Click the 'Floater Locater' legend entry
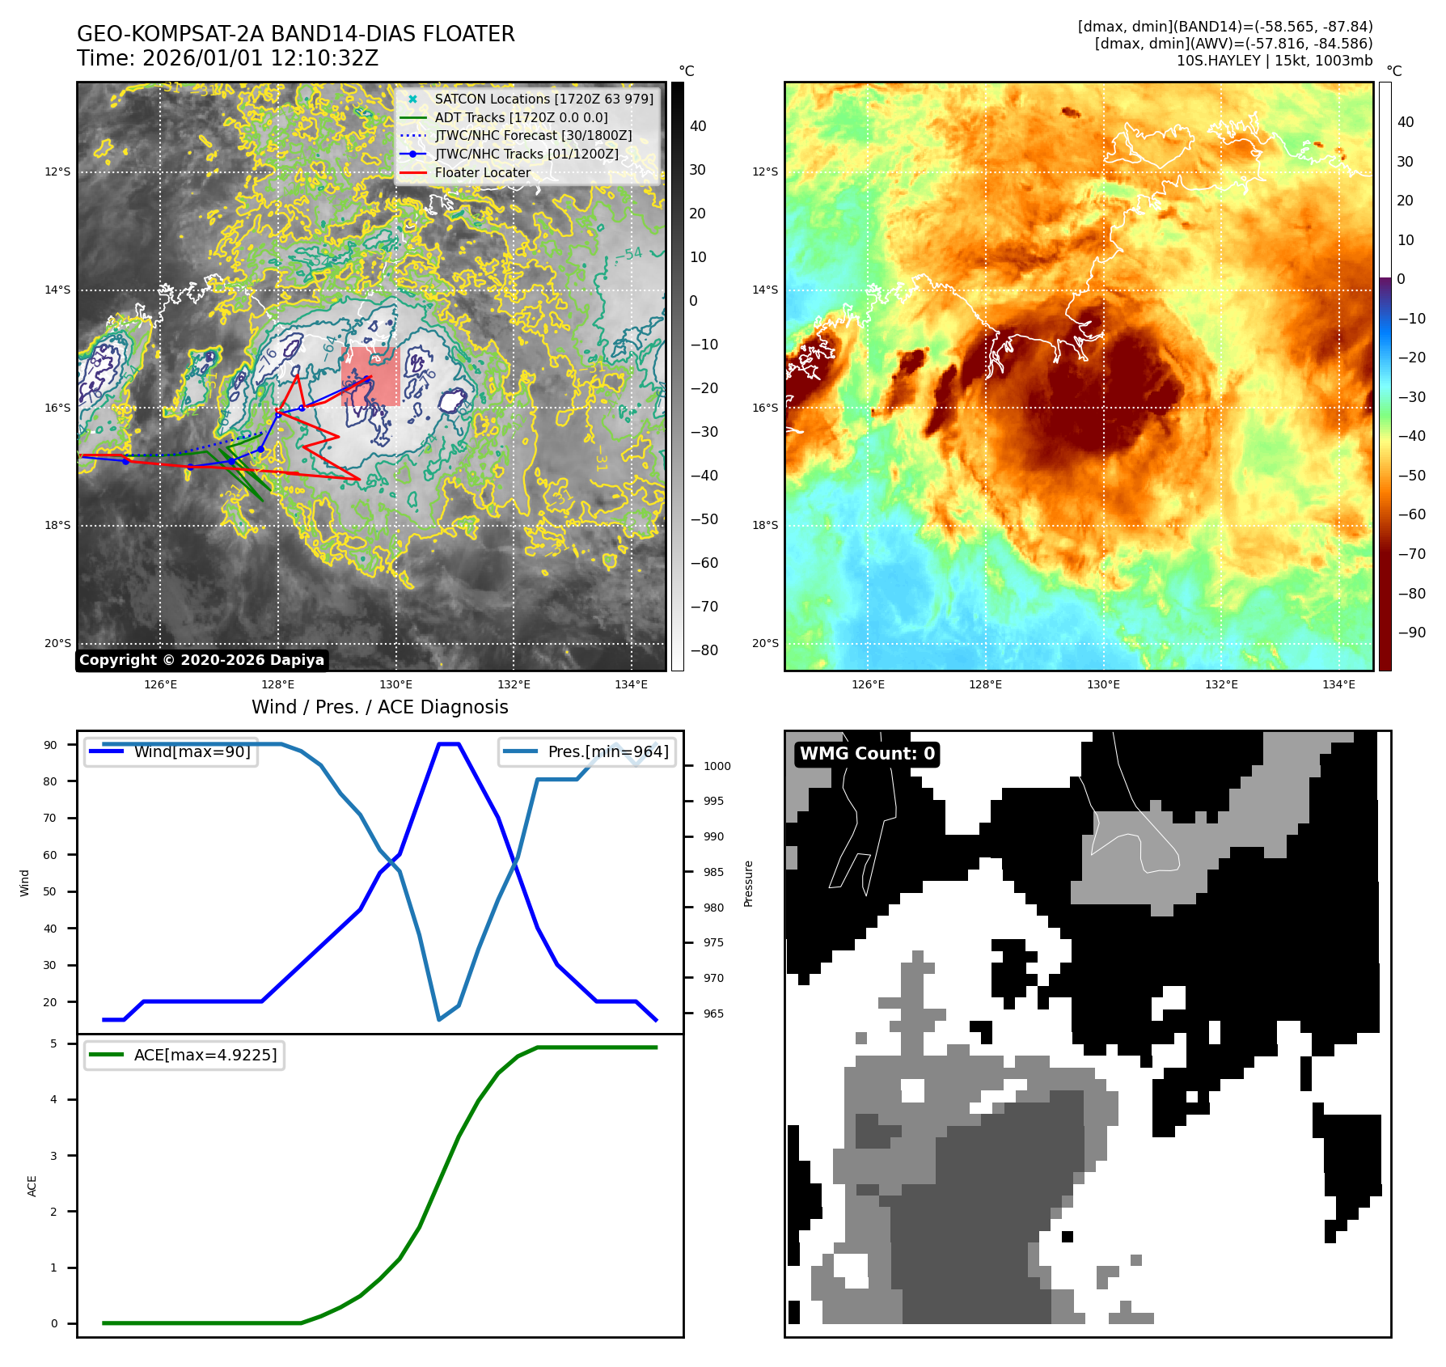coord(482,172)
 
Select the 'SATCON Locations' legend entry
coord(543,99)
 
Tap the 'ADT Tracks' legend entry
coord(521,117)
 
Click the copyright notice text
coord(201,660)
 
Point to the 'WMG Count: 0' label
coord(867,754)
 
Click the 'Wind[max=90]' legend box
coord(171,751)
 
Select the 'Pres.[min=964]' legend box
coord(587,751)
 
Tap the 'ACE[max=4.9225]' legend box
coord(184,1055)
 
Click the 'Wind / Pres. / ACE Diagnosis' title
coord(379,707)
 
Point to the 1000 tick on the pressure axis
coord(717,766)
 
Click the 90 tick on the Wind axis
coord(51,745)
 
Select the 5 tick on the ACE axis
coord(54,1043)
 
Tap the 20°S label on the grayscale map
coord(57,643)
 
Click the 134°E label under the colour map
coord(1338,684)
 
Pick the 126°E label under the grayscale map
coord(160,684)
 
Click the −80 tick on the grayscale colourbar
coord(704,650)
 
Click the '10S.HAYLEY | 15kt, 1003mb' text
coord(1274,61)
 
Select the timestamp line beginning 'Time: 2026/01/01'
coord(227,58)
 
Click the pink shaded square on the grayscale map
coord(370,376)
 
